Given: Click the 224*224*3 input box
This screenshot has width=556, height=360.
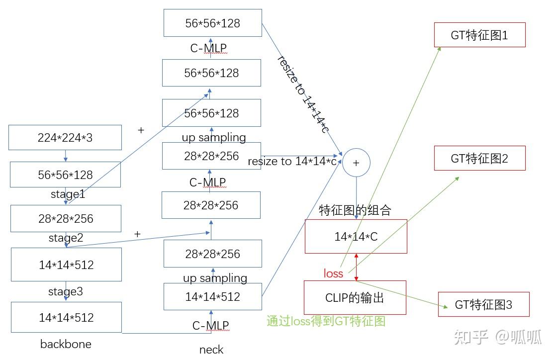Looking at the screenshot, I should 65,138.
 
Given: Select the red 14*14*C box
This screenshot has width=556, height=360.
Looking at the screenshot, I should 356,237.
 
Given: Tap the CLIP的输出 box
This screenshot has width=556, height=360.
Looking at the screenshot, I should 355,298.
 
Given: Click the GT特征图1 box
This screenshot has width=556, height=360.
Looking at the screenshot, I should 479,35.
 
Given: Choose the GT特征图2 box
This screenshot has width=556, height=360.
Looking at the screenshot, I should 479,159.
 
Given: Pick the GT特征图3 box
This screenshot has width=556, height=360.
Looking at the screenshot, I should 483,304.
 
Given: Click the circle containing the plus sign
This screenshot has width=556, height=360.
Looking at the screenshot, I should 356,163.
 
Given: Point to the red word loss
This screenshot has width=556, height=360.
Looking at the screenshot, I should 333,273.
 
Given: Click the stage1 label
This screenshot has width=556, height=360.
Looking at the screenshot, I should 68,194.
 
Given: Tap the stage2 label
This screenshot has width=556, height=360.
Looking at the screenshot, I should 66,238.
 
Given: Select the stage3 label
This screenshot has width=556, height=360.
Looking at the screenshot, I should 66,291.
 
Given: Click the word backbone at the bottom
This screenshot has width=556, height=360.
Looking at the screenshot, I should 66,344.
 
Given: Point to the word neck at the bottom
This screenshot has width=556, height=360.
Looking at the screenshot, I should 211,350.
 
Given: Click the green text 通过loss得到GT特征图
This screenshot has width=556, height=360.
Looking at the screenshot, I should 326,321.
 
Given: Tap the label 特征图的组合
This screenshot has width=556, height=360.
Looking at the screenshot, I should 355,210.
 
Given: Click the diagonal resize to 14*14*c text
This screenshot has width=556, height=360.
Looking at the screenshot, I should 303,94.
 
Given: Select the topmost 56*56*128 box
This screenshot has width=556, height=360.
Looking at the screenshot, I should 212,23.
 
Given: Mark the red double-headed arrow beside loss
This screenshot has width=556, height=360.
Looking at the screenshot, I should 356,267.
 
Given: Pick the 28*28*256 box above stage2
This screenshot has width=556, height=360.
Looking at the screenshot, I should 66,219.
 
